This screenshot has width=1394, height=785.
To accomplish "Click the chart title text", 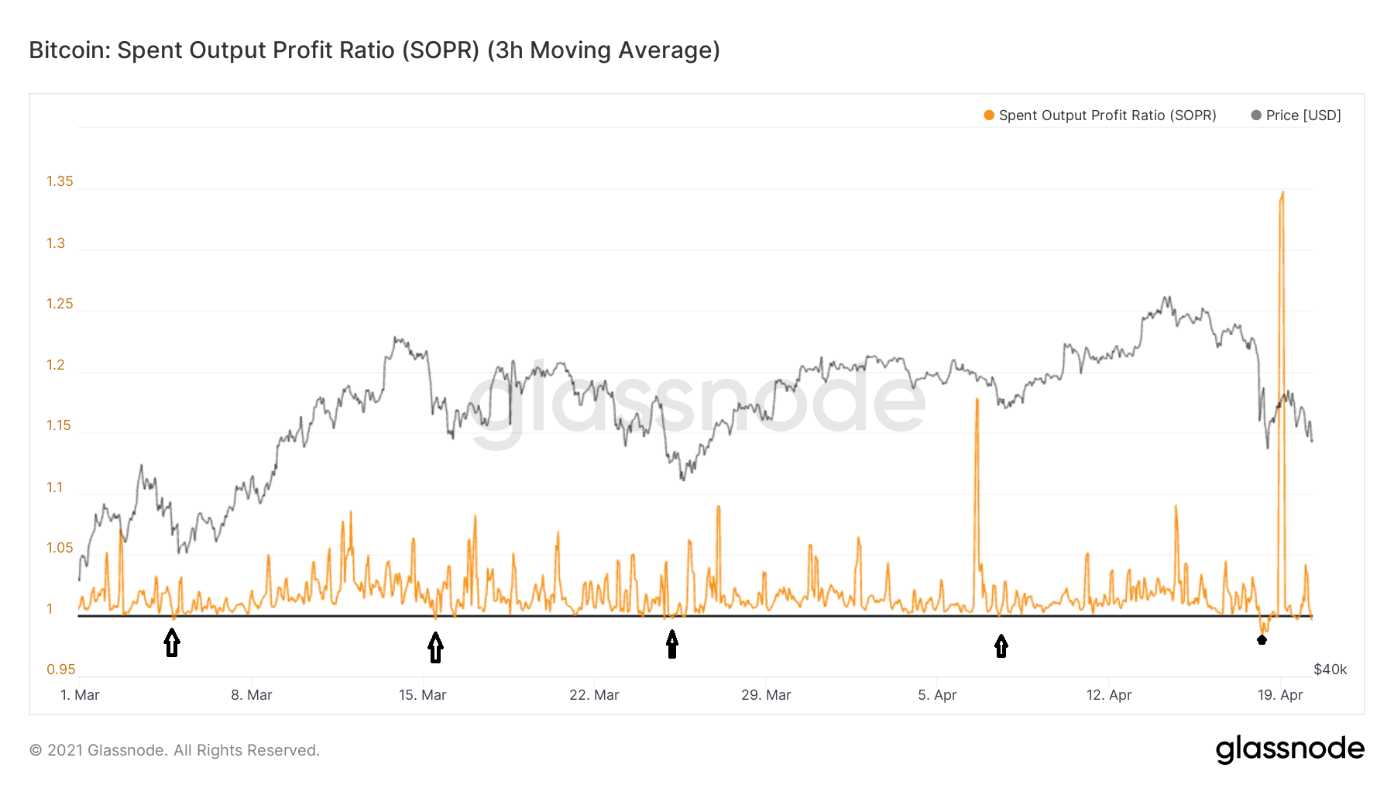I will (x=374, y=50).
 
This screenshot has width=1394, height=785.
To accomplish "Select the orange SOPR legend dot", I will (x=989, y=115).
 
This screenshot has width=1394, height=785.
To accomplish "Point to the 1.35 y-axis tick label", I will (x=60, y=181).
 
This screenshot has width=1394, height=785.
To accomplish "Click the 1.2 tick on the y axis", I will (x=56, y=365).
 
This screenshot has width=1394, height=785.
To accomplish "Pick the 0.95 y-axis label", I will (x=60, y=670).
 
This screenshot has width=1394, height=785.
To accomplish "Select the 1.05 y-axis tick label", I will (x=60, y=549).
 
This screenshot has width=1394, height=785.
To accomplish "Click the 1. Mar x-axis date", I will (x=80, y=695).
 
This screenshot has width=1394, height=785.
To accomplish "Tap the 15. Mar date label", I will (x=422, y=695).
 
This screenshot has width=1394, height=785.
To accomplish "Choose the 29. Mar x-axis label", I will (x=766, y=695).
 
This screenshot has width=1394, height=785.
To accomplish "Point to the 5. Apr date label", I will (x=937, y=695).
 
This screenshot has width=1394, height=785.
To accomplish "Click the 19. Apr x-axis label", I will (x=1280, y=695).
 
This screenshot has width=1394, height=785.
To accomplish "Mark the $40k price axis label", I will (x=1330, y=670).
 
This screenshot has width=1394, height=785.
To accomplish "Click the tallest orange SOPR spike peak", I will (x=1282, y=193).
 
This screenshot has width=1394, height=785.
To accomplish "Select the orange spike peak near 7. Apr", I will (x=977, y=400).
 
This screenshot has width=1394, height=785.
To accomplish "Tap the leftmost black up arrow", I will (x=172, y=642).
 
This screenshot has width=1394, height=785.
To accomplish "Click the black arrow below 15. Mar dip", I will (x=436, y=647).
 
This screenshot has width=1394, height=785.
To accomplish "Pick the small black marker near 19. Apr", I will (x=1262, y=639).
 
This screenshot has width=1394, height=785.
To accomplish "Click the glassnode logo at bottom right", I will (x=1289, y=749).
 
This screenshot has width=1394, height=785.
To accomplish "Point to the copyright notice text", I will (x=174, y=750).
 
